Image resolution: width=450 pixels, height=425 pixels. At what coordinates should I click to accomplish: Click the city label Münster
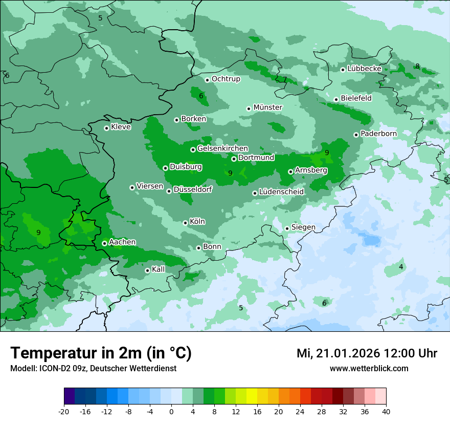tap(268, 108)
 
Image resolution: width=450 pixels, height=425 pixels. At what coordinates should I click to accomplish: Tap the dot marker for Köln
tap(185, 223)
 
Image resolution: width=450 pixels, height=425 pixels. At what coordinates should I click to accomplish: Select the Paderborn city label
tap(379, 134)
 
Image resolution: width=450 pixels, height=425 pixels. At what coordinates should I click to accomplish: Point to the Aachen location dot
tap(104, 243)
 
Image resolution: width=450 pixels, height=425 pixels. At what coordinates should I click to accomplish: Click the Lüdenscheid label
tap(281, 192)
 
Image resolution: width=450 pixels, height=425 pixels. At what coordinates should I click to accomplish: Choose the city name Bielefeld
tap(356, 98)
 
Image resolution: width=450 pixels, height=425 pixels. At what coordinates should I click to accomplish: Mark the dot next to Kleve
tap(106, 128)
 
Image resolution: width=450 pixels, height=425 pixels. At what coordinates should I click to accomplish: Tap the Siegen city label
tap(303, 227)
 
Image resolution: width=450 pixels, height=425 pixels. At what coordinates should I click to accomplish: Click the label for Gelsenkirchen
tap(222, 149)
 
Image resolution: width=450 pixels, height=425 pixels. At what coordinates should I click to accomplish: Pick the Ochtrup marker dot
tap(207, 80)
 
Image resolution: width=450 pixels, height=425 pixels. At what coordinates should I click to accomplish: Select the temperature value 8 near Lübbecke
tap(417, 67)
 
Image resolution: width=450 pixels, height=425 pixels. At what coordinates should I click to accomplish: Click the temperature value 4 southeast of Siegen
tap(401, 267)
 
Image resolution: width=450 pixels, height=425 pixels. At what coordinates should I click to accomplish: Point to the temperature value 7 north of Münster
tap(285, 80)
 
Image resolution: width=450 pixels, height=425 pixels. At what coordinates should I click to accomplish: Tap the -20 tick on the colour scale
tap(64, 412)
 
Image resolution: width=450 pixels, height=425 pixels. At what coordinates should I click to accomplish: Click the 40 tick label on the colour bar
tap(386, 412)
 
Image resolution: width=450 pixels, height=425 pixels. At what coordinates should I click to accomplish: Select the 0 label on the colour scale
tap(171, 412)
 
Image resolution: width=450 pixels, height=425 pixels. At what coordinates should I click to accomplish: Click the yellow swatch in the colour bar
tap(252, 396)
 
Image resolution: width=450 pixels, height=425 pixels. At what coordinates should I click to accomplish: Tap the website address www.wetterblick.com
tap(369, 369)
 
